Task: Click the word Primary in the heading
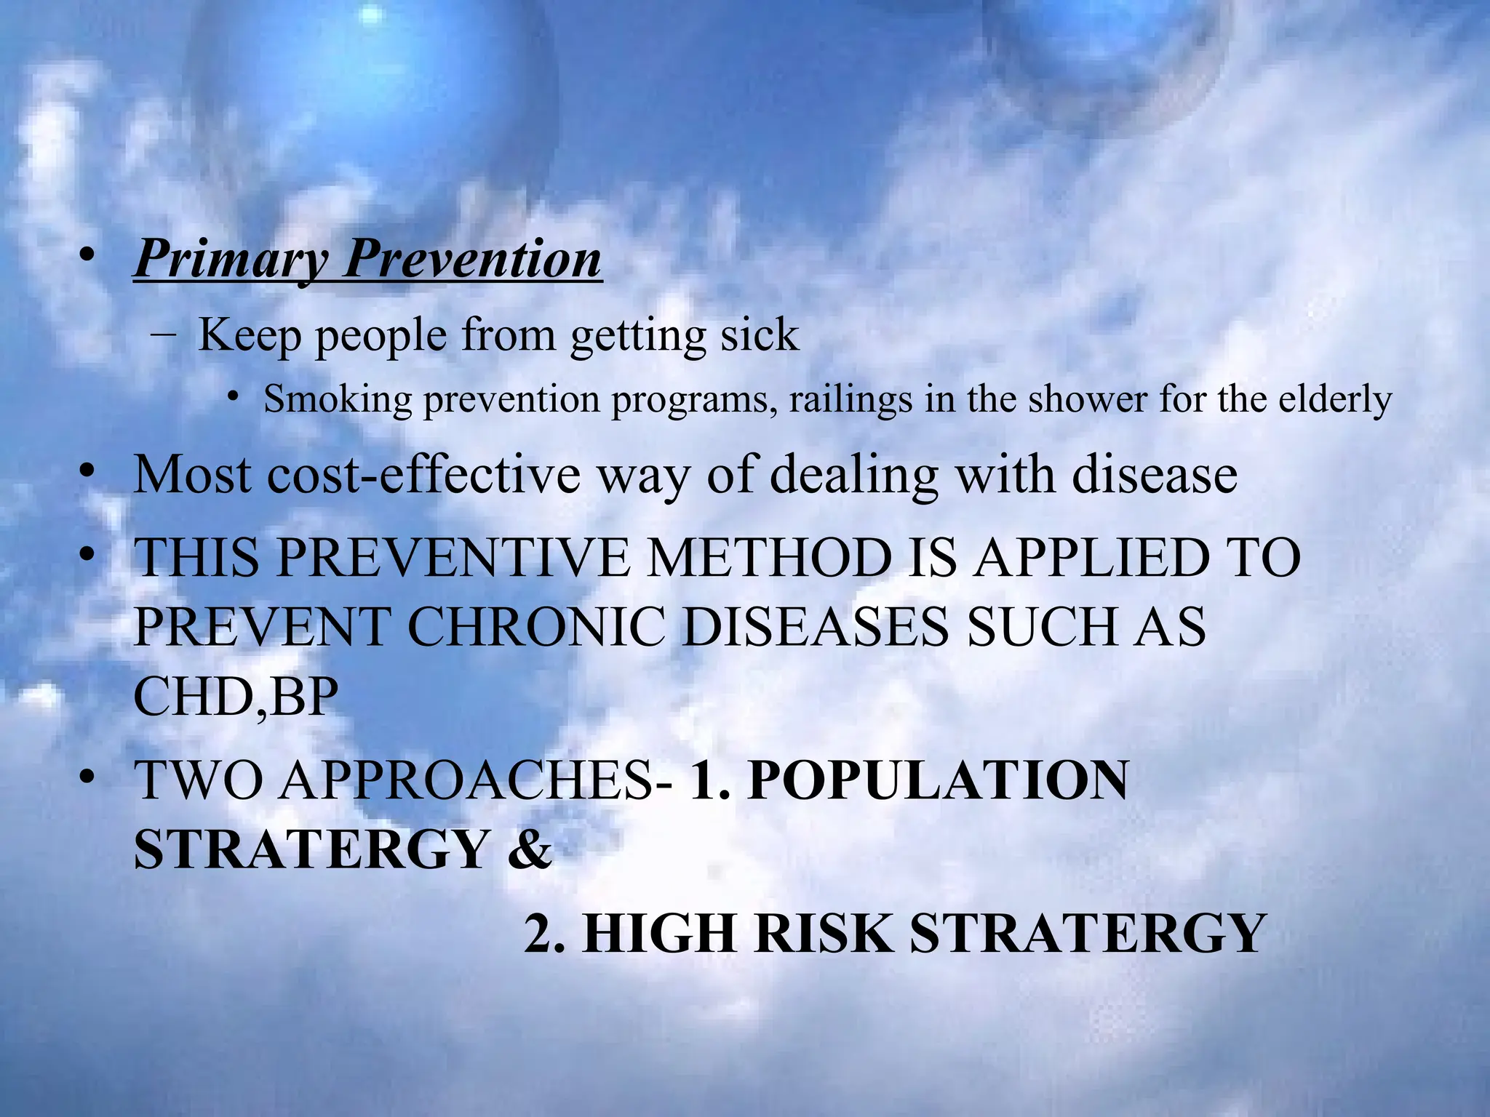230,259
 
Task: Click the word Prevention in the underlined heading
473,259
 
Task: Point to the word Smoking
338,399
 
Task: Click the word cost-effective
424,475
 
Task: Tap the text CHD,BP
236,697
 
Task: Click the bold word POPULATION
938,780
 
